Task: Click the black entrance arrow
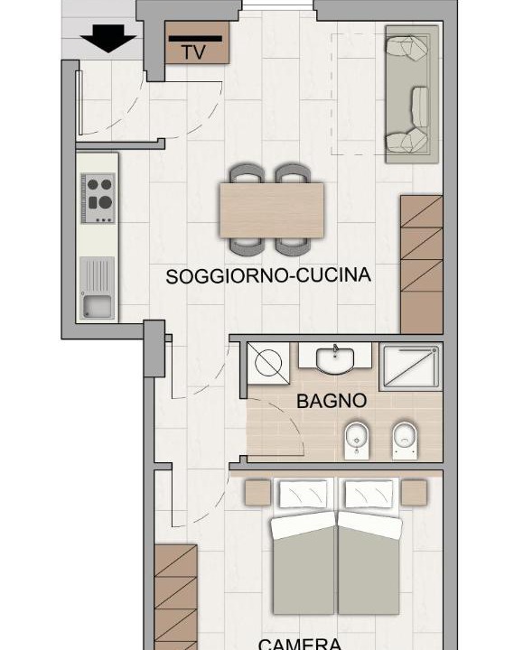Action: [108, 38]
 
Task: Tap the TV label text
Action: [193, 52]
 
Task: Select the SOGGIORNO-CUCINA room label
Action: [268, 275]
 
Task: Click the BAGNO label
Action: [332, 401]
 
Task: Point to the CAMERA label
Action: [300, 645]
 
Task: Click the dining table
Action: [271, 210]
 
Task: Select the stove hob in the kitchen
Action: [98, 198]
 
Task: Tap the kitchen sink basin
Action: [98, 306]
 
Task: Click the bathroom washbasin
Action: [335, 359]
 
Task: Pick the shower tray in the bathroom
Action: [411, 367]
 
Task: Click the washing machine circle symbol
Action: [268, 363]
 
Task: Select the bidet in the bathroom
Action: [357, 441]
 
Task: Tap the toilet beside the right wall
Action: [405, 441]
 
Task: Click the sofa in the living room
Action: [412, 94]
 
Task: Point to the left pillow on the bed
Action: [306, 493]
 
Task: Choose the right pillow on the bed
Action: [369, 493]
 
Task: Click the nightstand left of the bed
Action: [257, 493]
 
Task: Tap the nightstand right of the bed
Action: [414, 493]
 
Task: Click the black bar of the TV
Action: [195, 39]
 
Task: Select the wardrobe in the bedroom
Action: [175, 598]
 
